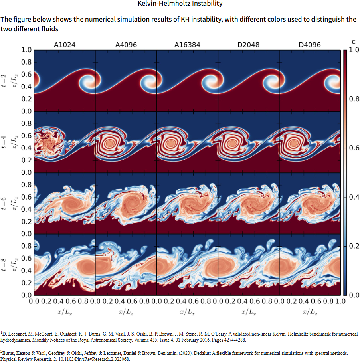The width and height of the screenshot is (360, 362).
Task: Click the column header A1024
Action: coord(65,45)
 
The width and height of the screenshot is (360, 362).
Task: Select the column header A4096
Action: coord(126,45)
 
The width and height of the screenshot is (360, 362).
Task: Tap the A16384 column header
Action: coord(187,45)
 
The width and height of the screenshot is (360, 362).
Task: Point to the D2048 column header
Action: coord(249,45)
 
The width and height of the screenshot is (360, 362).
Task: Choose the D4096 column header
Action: coord(310,45)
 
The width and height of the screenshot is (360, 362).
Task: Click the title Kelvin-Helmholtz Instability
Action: coord(180,4)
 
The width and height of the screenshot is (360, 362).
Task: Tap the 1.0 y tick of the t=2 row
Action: coord(26,50)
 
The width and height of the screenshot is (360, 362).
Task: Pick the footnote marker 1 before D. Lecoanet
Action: coord(2,332)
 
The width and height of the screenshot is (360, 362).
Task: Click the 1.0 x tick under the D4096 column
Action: coord(340,301)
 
